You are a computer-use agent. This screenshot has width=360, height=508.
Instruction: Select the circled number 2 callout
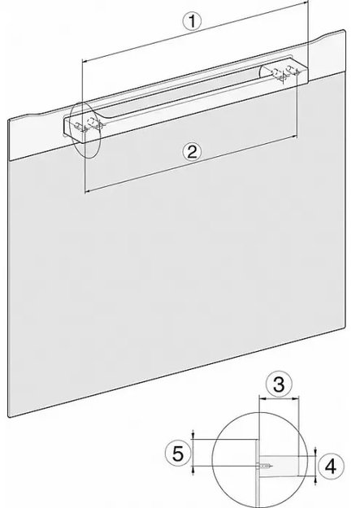(191, 150)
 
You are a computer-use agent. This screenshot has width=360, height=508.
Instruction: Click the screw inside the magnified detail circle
(266, 466)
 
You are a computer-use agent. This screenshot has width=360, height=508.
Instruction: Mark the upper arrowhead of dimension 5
(193, 437)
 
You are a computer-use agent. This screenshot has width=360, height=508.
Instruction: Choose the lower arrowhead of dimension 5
(193, 469)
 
